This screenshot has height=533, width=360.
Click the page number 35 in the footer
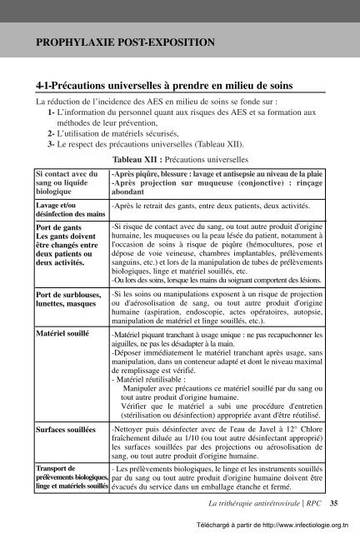pyautogui.click(x=334, y=504)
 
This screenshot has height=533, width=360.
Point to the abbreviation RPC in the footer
pyautogui.click(x=312, y=504)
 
